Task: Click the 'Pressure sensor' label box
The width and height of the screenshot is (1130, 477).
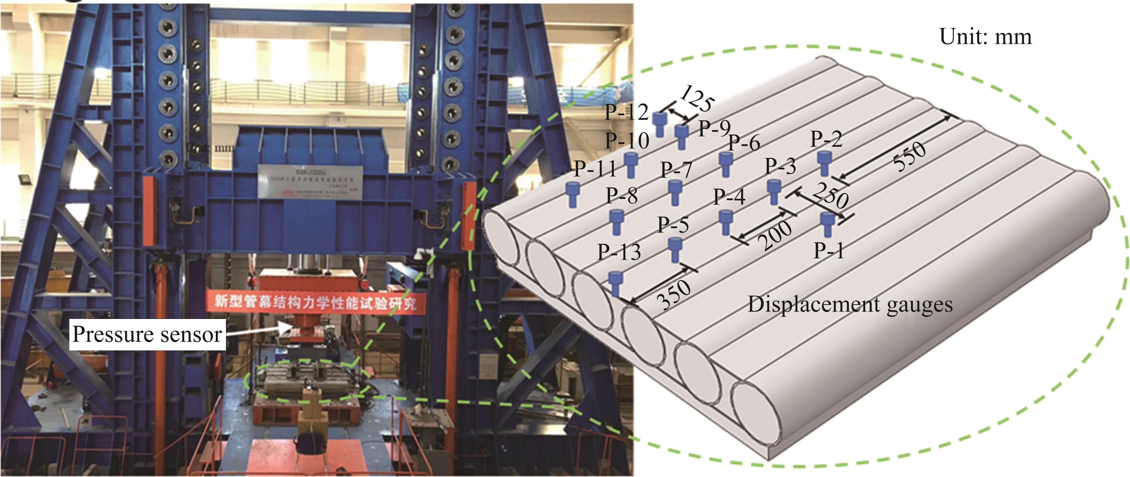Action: tap(147, 334)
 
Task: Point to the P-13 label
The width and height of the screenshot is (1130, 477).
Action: tap(619, 252)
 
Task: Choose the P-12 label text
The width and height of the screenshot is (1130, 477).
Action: tap(626, 112)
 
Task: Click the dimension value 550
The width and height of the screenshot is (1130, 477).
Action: tap(910, 157)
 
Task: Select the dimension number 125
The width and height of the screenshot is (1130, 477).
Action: tap(697, 99)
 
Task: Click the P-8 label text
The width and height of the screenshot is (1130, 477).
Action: tap(622, 196)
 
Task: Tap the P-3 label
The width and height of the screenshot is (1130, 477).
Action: tap(780, 166)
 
